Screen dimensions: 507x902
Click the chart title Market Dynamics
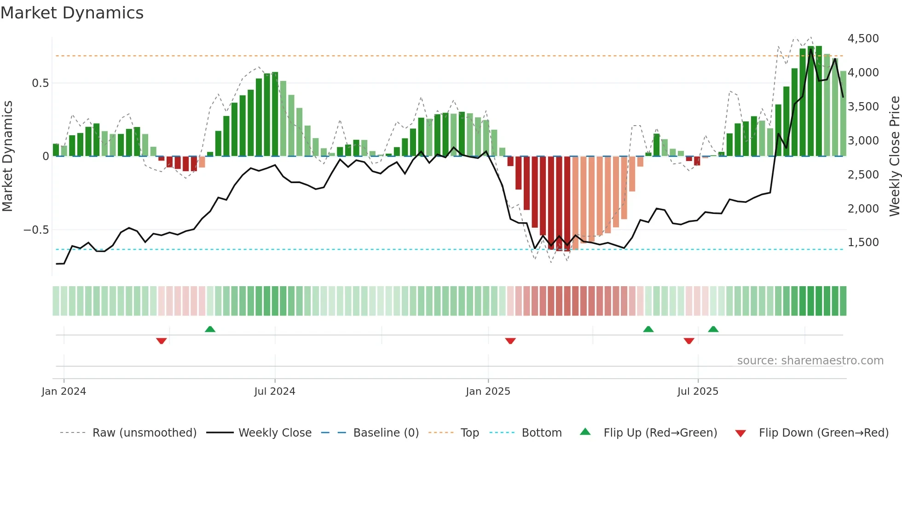[72, 13]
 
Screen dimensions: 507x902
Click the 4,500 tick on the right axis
[863, 39]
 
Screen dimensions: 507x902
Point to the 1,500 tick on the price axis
[863, 242]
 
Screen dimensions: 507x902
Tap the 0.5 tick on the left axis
[40, 83]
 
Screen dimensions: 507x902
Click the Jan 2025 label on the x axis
[488, 392]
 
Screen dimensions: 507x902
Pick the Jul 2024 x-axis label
[275, 392]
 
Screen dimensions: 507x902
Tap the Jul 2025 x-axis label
[698, 392]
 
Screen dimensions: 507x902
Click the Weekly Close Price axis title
[894, 156]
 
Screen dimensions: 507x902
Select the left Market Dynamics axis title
[7, 156]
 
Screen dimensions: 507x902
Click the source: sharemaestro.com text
[810, 361]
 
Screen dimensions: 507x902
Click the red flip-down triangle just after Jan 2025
[510, 341]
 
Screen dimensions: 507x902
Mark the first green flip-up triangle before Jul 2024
[210, 329]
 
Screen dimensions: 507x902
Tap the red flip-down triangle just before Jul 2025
[689, 341]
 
